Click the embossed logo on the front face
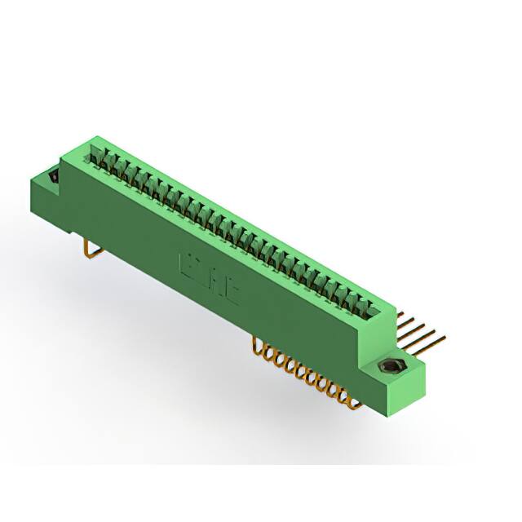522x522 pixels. point(209,277)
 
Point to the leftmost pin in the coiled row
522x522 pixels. point(259,347)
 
